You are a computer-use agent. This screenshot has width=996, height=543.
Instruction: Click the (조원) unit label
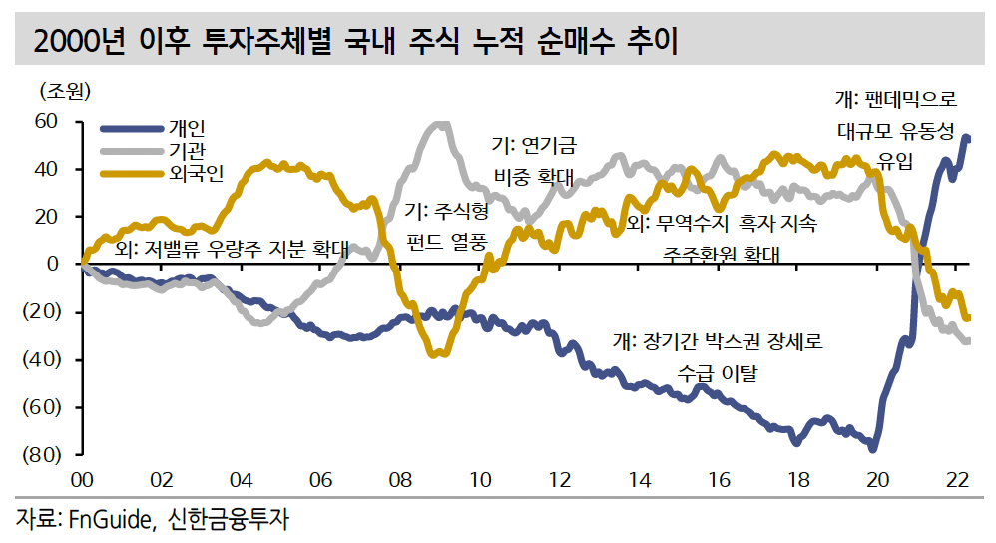click(64, 92)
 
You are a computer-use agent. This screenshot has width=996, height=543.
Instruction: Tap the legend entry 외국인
click(197, 173)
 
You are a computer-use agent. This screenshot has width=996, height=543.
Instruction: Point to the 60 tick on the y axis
click(46, 121)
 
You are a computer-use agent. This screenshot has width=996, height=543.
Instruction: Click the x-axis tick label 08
click(399, 480)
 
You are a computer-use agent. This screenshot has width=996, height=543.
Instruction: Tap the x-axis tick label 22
click(958, 480)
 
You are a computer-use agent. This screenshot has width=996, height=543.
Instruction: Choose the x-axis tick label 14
click(639, 480)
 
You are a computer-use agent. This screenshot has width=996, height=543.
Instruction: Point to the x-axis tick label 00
click(81, 480)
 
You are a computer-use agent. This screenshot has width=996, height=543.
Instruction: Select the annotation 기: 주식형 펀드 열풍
click(447, 226)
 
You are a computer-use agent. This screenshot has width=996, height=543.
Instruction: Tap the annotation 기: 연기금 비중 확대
click(534, 161)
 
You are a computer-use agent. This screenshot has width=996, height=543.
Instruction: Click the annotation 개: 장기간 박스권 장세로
click(717, 342)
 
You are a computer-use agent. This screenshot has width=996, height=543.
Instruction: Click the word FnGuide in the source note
click(107, 519)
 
